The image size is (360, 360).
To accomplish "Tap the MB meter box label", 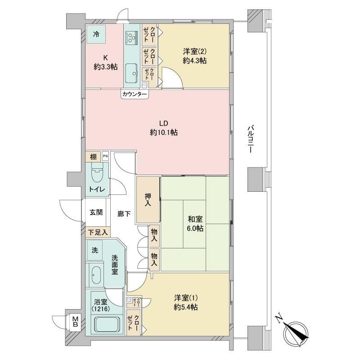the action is (x=75, y=322).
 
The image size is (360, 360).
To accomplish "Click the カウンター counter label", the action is (x=135, y=94).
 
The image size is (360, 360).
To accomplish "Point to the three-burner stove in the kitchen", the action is (x=131, y=38).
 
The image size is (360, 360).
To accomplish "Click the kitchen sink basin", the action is (x=131, y=73).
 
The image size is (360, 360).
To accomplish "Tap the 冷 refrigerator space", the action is (x=96, y=34).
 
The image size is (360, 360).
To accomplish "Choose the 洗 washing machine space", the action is (x=95, y=250).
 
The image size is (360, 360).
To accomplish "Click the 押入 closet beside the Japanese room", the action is (x=148, y=199).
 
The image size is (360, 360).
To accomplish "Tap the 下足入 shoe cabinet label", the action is (x=98, y=232).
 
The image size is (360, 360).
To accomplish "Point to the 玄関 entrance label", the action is (x=96, y=212).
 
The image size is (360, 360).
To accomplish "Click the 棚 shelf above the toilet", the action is (x=93, y=157).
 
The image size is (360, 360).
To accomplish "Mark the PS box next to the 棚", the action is (x=105, y=156).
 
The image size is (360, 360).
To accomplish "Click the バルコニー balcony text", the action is (x=251, y=139).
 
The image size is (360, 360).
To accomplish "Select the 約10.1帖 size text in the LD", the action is (x=164, y=132).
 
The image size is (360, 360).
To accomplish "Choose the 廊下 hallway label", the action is (x=124, y=214).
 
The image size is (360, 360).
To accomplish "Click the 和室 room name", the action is (x=195, y=219).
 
